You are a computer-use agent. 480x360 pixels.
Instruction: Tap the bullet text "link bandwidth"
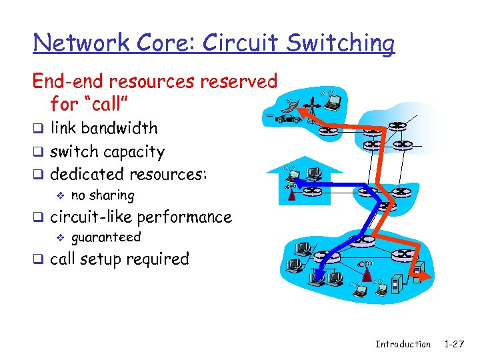[104, 128]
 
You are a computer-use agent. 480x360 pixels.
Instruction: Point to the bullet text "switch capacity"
[107, 151]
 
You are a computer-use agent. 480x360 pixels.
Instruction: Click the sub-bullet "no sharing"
[102, 195]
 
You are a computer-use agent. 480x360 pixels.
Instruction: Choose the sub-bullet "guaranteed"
[105, 237]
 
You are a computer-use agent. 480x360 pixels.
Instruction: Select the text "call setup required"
[119, 259]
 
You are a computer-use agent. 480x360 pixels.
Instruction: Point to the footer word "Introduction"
[403, 344]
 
